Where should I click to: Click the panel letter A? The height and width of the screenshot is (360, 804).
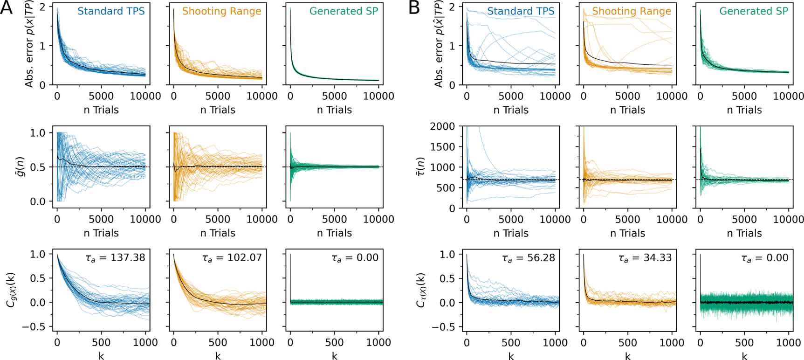[7, 8]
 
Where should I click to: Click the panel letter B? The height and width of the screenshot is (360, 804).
[413, 8]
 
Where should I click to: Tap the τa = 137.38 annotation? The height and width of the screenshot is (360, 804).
[115, 257]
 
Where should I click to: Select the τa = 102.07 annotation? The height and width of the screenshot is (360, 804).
[232, 257]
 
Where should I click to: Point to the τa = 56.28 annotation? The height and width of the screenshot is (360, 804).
[525, 257]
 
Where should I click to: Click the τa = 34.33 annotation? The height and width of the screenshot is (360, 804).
[641, 257]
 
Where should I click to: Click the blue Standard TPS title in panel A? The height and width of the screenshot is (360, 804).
[111, 11]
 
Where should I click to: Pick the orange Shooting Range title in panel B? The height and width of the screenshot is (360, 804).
[632, 11]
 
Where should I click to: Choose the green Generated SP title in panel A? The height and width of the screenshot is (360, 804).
[344, 11]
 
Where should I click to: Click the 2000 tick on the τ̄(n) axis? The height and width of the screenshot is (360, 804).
[442, 126]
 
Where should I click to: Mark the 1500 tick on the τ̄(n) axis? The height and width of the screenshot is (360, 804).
[442, 147]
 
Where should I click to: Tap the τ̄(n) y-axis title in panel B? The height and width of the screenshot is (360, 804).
[420, 167]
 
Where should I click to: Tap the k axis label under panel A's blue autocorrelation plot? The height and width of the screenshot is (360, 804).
[101, 356]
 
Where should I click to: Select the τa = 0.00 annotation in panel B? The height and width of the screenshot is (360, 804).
[765, 257]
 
